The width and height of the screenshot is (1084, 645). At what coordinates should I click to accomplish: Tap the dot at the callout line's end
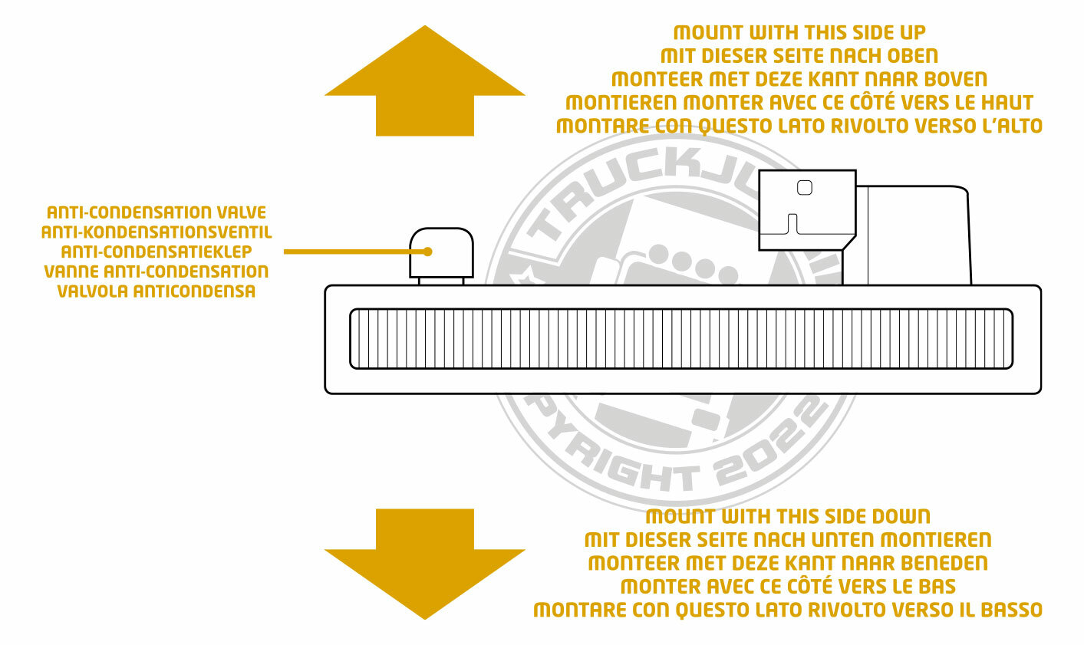click(428, 252)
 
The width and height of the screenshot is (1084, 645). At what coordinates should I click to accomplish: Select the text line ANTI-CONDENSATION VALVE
click(157, 212)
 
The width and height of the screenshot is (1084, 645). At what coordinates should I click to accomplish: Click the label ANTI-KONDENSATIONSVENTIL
click(157, 232)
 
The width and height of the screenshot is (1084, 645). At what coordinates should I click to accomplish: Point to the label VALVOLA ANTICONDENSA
click(157, 291)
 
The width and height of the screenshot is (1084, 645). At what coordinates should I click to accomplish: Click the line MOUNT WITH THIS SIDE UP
click(799, 32)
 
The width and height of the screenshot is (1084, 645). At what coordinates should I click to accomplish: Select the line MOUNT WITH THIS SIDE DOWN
click(788, 516)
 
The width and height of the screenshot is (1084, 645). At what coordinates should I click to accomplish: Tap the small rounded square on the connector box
click(804, 187)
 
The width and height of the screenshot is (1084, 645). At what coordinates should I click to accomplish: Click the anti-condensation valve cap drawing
click(441, 253)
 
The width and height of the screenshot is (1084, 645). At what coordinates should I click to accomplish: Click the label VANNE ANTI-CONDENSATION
click(157, 271)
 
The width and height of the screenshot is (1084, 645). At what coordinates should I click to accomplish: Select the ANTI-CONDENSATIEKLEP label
click(157, 252)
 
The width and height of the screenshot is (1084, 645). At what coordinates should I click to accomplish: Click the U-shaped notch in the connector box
click(794, 225)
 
